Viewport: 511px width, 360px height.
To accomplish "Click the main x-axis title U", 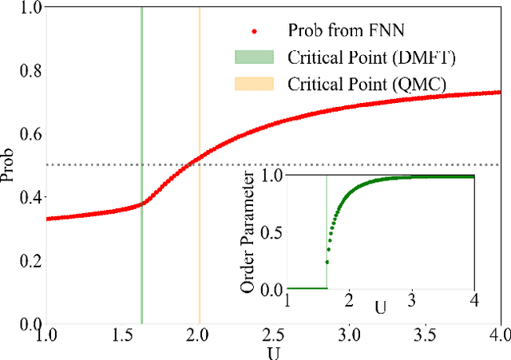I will [x=273, y=351].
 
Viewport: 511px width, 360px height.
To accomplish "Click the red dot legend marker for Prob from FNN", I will [x=254, y=32].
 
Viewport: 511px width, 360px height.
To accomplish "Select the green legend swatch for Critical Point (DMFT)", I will [x=254, y=57].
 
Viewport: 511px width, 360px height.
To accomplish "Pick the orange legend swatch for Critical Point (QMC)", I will [x=254, y=83].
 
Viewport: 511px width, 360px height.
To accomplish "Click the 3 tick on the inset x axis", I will [x=411, y=299].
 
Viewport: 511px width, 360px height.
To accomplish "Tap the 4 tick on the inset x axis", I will [x=474, y=299].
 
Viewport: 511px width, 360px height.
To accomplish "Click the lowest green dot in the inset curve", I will [x=327, y=262].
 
